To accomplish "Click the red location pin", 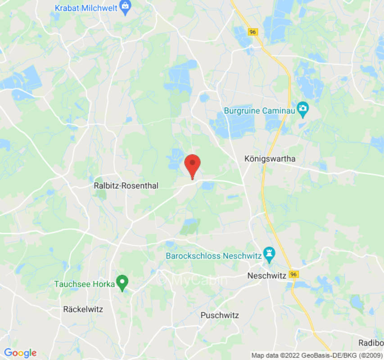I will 193,165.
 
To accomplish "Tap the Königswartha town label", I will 270,158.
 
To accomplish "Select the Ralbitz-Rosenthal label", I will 126,185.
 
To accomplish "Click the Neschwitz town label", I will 267,275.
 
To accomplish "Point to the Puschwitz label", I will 220,315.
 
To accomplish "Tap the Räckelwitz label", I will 83,309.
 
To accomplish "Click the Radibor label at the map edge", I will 371,343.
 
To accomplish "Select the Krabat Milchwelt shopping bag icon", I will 126,8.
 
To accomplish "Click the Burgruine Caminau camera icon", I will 303,109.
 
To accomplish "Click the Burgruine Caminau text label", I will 259,110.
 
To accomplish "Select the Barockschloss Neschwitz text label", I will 214,256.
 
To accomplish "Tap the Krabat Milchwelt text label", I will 86,8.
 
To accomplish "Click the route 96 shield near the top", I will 253,31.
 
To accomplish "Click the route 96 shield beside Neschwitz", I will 294,274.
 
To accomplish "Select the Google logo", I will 20,353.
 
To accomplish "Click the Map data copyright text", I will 316,355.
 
